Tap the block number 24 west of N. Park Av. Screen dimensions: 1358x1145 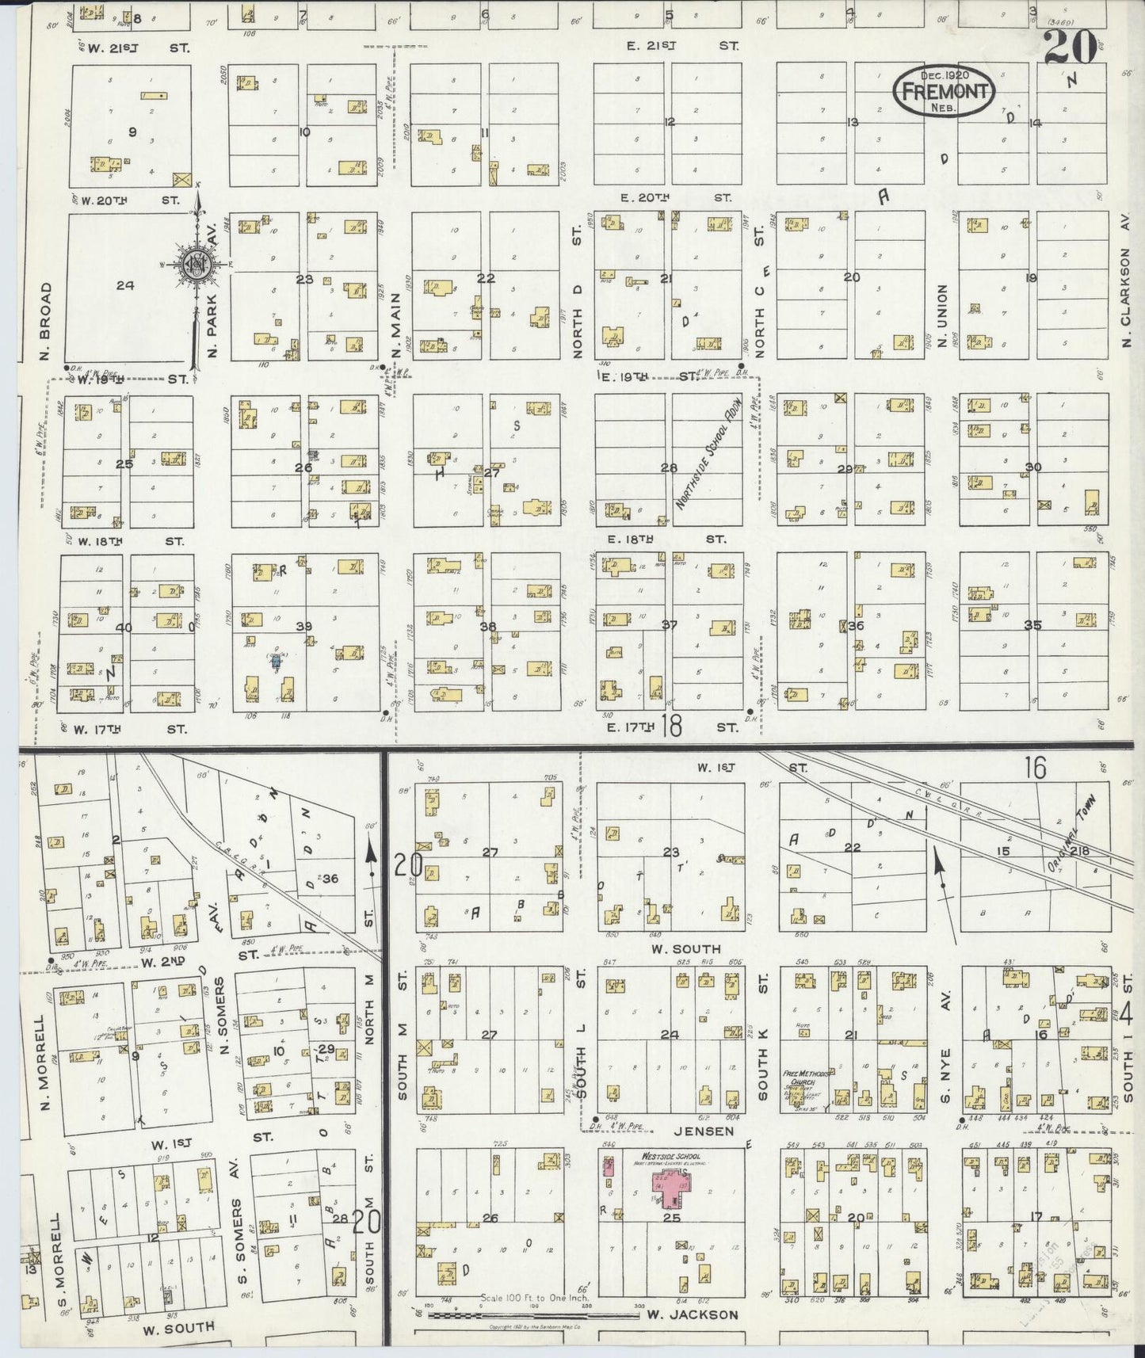click(x=124, y=285)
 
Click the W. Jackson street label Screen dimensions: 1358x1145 click(x=693, y=1314)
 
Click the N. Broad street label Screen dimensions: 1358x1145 click(x=44, y=321)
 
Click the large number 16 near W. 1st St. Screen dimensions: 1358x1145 click(x=1034, y=767)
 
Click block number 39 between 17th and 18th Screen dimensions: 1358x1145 click(x=303, y=626)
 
